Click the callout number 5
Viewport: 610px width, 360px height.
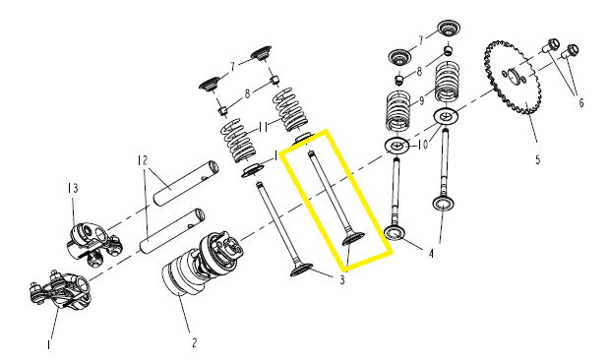click(537, 159)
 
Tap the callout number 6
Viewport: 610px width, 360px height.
click(581, 102)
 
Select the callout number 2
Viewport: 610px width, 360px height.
click(194, 343)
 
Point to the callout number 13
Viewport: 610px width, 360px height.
click(73, 188)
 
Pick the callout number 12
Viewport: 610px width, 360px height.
click(143, 159)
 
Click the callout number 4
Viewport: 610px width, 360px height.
click(431, 254)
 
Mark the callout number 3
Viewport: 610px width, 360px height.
click(342, 280)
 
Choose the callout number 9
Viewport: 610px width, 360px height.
click(421, 101)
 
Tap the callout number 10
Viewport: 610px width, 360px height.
click(423, 145)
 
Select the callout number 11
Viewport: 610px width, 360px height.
click(263, 127)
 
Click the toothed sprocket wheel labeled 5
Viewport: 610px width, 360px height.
click(513, 78)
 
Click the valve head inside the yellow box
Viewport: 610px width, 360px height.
click(353, 238)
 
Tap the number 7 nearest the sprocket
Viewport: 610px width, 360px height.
click(420, 40)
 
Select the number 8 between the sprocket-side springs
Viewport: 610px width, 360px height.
click(419, 72)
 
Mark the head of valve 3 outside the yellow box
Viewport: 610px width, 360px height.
click(301, 270)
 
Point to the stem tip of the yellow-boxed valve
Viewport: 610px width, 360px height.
click(311, 153)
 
